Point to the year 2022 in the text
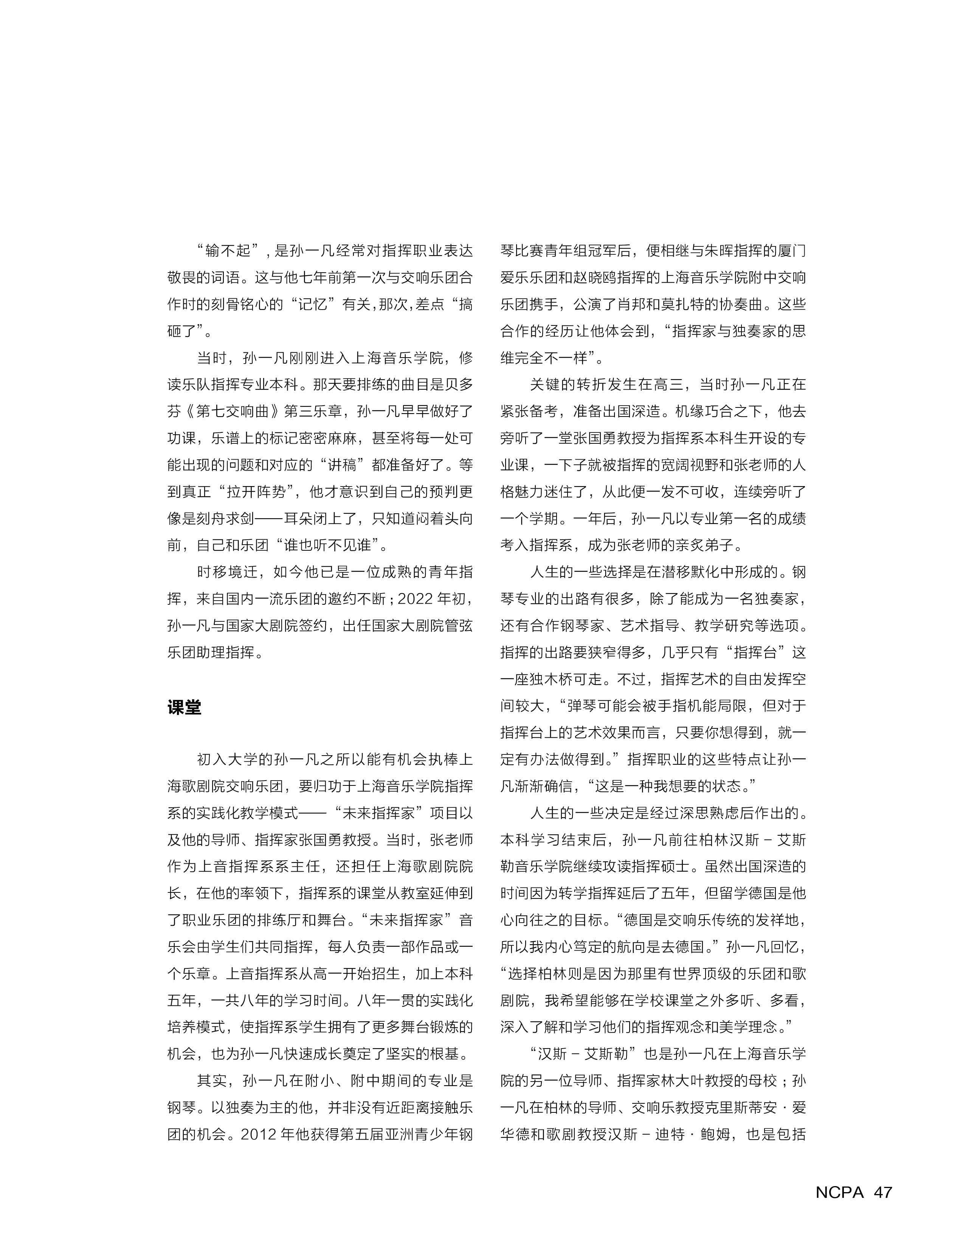click(x=417, y=599)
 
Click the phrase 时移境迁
click(x=226, y=572)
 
